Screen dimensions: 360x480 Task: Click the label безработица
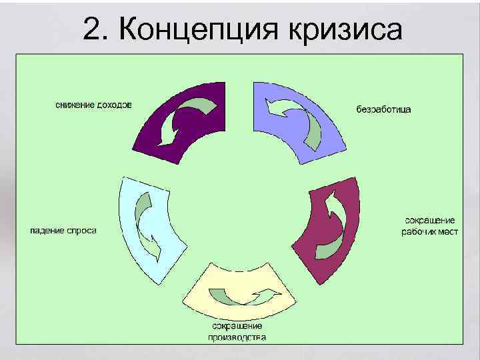click(384, 109)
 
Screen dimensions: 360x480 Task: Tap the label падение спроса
click(64, 231)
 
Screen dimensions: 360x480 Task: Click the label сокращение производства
click(237, 331)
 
